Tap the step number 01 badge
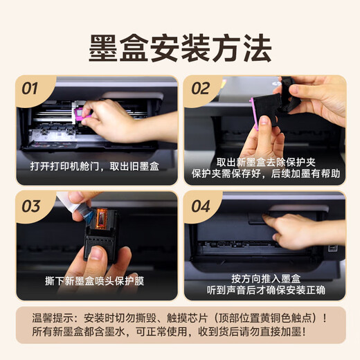pos(30,89)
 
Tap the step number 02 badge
pos(200,89)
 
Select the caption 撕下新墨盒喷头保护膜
pos(97,282)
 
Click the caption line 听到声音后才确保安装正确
pos(267,289)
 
